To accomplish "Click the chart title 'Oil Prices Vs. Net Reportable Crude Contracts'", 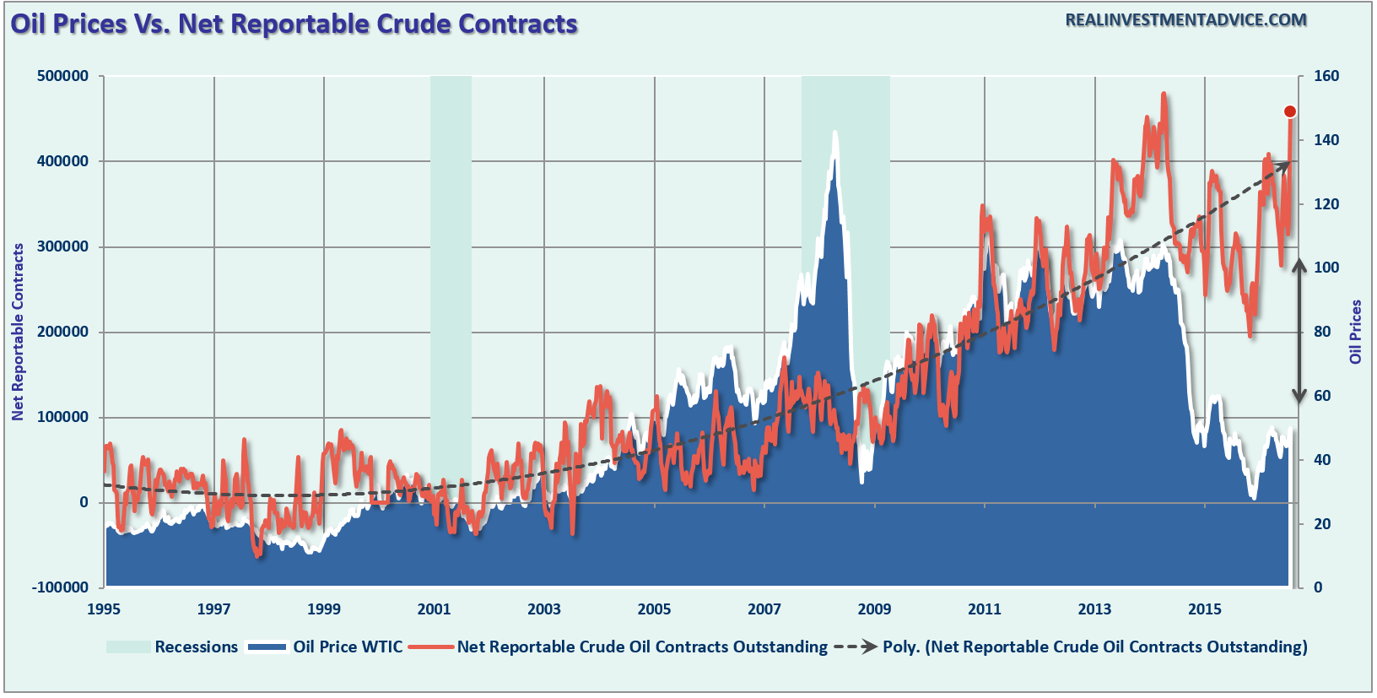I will pyautogui.click(x=294, y=24).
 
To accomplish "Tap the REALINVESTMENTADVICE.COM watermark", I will pyautogui.click(x=1185, y=20).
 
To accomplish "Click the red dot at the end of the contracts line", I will pyautogui.click(x=1289, y=111).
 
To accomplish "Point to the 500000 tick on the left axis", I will pyautogui.click(x=62, y=76).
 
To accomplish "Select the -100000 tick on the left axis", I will pyautogui.click(x=60, y=587).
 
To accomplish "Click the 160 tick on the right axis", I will pyautogui.click(x=1326, y=76).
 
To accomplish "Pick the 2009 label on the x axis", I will pyautogui.click(x=874, y=609).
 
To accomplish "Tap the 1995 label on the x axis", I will pyautogui.click(x=104, y=609).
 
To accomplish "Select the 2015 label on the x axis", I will pyautogui.click(x=1205, y=609).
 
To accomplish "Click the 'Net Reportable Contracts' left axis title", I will pyautogui.click(x=18, y=332).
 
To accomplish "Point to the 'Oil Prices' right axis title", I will pyautogui.click(x=1356, y=332).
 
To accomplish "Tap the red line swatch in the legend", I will pyautogui.click(x=430, y=647).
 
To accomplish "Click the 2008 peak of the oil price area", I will pyautogui.click(x=834, y=133).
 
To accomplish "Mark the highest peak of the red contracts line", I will pyautogui.click(x=1164, y=95).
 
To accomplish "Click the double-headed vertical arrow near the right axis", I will pyautogui.click(x=1299, y=332).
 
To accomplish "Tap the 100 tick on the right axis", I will pyautogui.click(x=1326, y=268).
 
